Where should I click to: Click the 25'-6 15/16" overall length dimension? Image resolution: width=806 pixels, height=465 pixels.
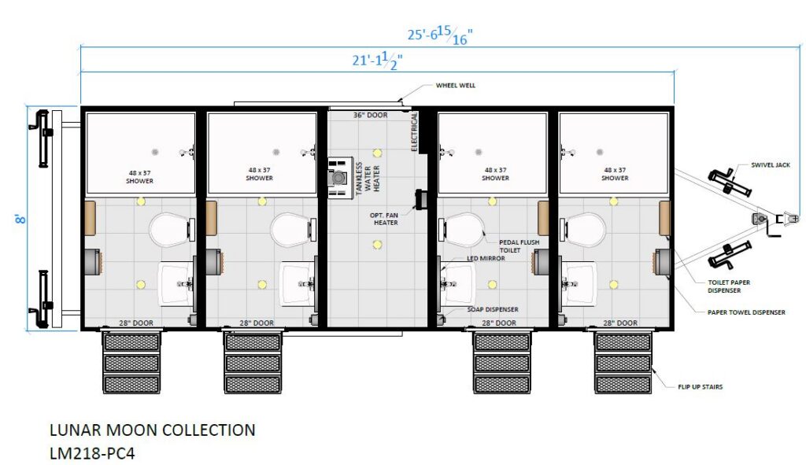click(440, 35)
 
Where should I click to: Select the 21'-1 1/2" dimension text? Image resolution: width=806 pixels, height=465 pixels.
click(377, 60)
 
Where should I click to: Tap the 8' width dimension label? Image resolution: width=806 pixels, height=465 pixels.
click(21, 219)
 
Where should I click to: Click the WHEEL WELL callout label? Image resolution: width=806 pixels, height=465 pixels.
click(456, 85)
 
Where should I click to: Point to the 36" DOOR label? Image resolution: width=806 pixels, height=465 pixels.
click(370, 115)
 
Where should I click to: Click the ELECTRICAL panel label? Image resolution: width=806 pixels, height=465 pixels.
click(414, 132)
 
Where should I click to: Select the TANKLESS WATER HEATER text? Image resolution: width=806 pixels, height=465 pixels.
click(368, 179)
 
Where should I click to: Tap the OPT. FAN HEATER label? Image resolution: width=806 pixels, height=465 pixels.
click(384, 219)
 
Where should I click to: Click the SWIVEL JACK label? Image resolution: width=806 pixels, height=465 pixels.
click(770, 165)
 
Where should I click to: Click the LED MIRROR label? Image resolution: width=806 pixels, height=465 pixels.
click(486, 258)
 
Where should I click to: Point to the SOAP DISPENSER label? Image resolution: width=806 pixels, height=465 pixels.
click(493, 309)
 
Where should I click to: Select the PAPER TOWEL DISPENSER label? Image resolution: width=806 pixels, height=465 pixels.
click(746, 312)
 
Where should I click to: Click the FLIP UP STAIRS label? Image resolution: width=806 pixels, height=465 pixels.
click(700, 387)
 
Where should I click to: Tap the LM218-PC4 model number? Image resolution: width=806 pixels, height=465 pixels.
click(92, 453)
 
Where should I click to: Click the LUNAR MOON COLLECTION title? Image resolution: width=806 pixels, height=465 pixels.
click(152, 430)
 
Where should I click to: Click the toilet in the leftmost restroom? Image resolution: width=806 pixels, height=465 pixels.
click(170, 229)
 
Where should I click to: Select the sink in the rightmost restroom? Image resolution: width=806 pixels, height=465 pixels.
click(579, 283)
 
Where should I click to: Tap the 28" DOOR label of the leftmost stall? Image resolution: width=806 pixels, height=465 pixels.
click(136, 323)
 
